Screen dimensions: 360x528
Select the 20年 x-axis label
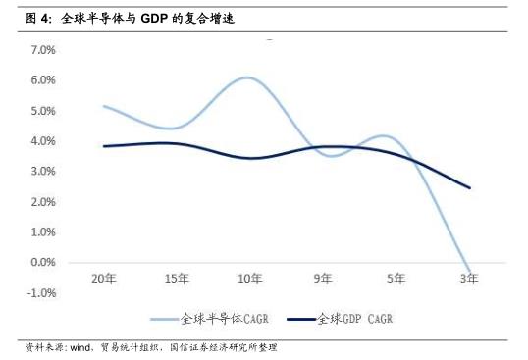tap(104, 279)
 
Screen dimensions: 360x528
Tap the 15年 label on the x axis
tap(177, 279)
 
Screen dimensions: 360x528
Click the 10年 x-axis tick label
tap(250, 279)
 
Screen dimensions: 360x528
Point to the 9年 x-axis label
tap(323, 279)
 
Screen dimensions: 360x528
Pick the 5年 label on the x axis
tap(396, 279)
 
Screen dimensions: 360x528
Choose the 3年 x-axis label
tap(469, 279)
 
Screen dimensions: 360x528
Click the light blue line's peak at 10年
tap(249, 77)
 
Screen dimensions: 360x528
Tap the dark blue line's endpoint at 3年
tap(469, 187)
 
